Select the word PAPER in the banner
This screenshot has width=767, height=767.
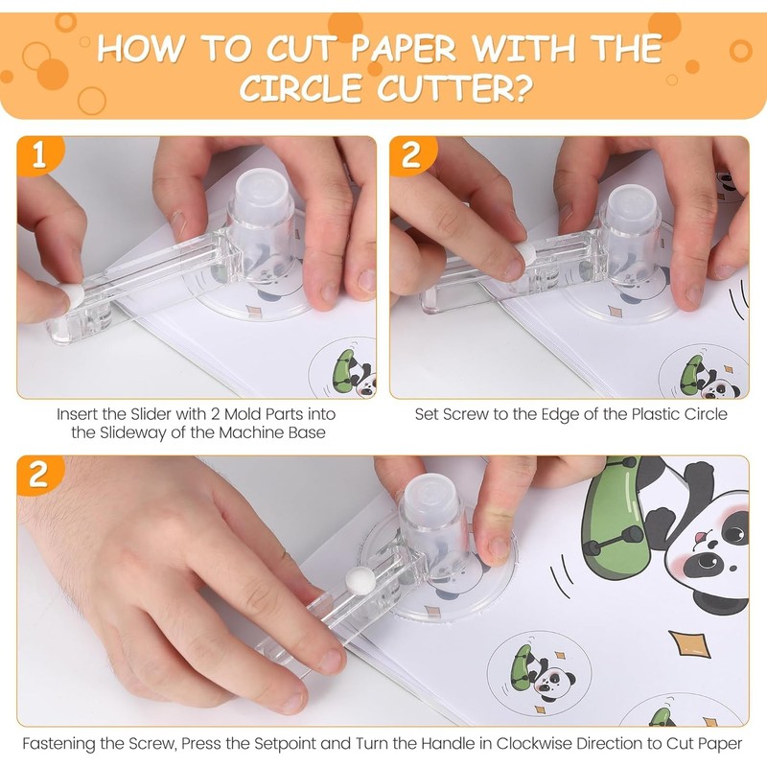click(404, 49)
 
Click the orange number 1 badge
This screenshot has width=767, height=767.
click(39, 154)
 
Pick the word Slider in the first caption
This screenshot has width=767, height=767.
click(150, 414)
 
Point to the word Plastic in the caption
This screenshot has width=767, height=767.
click(655, 414)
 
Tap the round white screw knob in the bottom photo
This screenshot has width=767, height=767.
click(360, 581)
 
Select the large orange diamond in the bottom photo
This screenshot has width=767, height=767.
click(689, 644)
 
